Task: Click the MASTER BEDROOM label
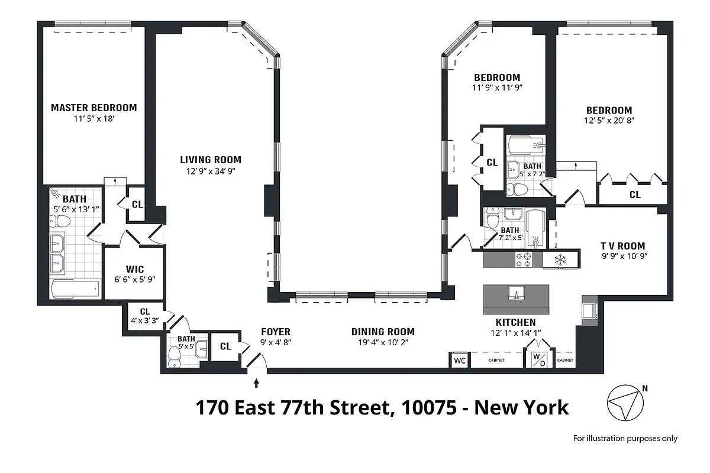point(93,108)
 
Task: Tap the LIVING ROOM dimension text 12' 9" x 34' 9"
point(211,172)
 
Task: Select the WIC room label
point(135,270)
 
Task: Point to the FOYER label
point(276,332)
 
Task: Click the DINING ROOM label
point(383,332)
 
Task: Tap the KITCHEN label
point(516,322)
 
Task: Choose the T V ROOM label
point(623,246)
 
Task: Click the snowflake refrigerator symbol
point(559,259)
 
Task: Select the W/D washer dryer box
point(539,359)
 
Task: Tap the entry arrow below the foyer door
point(256,383)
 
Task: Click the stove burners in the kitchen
point(524,259)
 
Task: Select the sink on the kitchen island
point(516,293)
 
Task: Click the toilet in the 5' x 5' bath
point(175,356)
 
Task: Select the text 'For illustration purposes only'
point(625,438)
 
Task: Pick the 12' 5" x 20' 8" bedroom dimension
point(609,120)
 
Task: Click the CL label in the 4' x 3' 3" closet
point(144,312)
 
